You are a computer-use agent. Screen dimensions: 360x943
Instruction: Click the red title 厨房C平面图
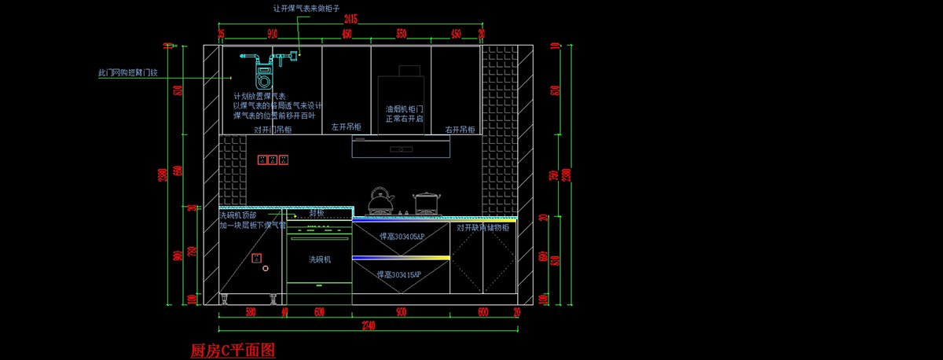click(x=233, y=351)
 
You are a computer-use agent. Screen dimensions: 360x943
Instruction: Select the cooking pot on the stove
click(x=426, y=203)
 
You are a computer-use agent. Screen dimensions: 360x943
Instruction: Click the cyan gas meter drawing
click(x=264, y=71)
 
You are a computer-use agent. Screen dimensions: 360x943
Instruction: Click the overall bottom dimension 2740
click(x=366, y=325)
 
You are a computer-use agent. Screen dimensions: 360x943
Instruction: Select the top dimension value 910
click(x=273, y=34)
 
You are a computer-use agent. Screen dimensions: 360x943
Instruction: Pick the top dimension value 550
click(x=401, y=34)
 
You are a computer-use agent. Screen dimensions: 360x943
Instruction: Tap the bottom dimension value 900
click(x=401, y=311)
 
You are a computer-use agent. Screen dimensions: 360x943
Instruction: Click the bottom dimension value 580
click(x=251, y=311)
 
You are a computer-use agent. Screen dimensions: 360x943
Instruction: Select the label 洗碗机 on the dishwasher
click(x=320, y=259)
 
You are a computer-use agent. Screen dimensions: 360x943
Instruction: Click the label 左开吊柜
click(x=346, y=127)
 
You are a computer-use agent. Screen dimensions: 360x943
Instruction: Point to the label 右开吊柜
click(x=460, y=130)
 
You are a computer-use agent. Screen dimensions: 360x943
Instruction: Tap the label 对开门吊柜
click(x=273, y=130)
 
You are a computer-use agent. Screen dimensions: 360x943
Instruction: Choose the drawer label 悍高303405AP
click(x=401, y=236)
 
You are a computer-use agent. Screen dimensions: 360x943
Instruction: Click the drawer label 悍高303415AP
click(x=399, y=274)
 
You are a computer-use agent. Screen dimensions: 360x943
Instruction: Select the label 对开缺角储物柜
click(x=483, y=228)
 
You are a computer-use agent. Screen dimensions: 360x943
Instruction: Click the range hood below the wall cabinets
click(x=401, y=146)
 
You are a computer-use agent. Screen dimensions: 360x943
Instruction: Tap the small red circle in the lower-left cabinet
click(x=266, y=269)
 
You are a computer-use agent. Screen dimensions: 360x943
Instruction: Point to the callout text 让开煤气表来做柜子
click(x=306, y=8)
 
